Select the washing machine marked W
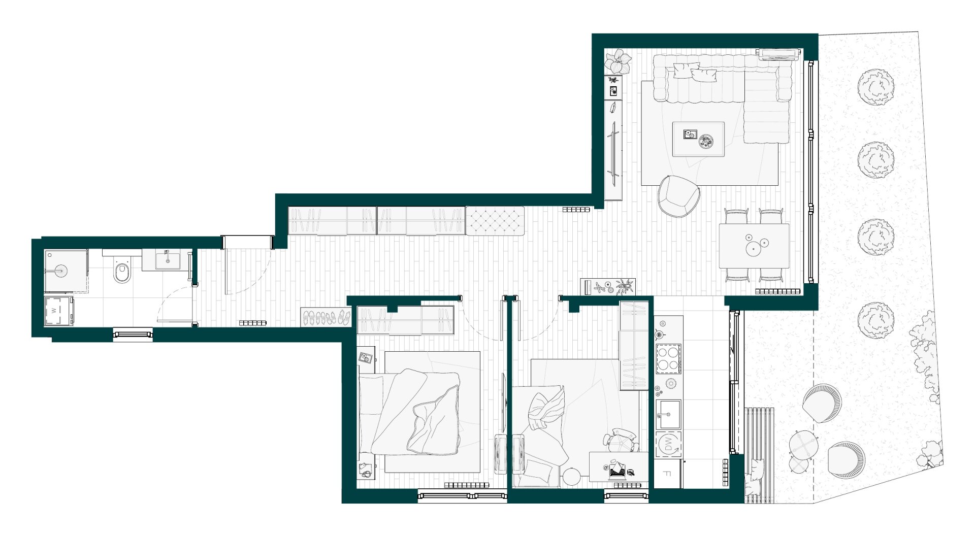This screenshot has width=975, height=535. (58, 310)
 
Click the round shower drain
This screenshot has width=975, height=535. (60, 270)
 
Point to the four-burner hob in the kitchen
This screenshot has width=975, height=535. (668, 358)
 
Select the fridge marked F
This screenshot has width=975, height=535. (667, 474)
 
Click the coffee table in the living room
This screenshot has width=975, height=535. (698, 139)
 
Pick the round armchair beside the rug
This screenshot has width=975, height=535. (678, 196)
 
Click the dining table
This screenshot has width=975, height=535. (754, 246)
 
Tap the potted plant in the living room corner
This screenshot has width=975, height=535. (617, 61)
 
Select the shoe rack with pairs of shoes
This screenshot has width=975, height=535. (326, 317)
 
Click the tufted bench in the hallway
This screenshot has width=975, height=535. (495, 220)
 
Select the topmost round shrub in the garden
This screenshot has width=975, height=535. (875, 87)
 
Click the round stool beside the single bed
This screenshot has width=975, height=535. (571, 477)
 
